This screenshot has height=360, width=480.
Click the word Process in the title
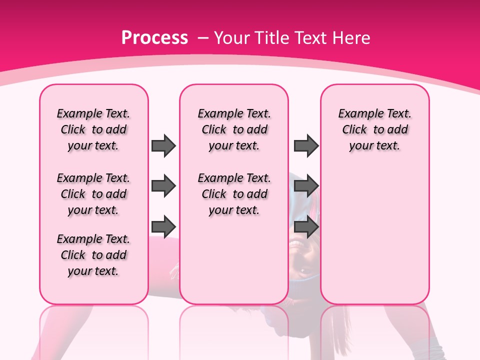(x=155, y=37)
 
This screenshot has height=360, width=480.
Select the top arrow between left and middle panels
(x=163, y=145)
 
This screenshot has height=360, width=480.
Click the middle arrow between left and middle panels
(x=163, y=186)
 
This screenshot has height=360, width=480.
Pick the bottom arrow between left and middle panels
(x=163, y=227)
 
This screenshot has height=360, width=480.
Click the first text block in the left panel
(x=93, y=129)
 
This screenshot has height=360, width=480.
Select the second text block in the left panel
(x=93, y=194)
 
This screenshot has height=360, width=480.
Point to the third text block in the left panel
(x=93, y=255)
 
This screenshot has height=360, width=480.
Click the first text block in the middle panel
(x=234, y=129)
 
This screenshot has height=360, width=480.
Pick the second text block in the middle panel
(x=234, y=194)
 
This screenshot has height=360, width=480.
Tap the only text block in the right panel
(x=374, y=129)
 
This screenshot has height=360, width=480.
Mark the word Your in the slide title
(x=231, y=37)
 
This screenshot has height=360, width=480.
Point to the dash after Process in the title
(x=203, y=38)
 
